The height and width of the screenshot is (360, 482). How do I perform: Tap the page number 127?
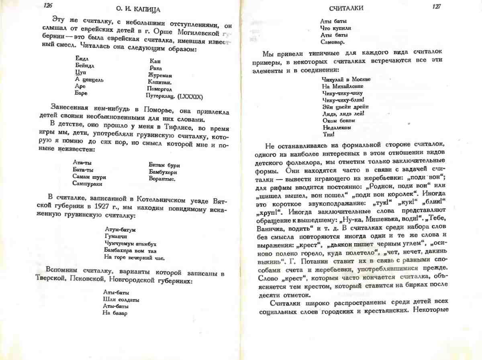[436, 7]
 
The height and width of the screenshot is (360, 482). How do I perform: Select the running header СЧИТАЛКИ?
[346, 8]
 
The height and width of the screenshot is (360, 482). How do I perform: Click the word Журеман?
[160, 75]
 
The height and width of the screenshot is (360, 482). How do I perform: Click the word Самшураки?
[87, 183]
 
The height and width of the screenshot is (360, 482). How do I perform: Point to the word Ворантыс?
[162, 179]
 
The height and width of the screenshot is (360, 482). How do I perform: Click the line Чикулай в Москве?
[346, 79]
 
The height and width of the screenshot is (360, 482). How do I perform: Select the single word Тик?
[328, 134]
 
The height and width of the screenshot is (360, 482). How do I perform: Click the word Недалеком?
[337, 127]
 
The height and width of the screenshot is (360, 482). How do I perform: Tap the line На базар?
[115, 313]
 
